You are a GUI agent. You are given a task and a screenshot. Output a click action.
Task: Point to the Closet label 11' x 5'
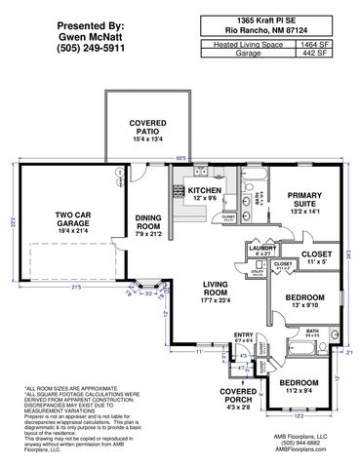click(315, 257)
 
